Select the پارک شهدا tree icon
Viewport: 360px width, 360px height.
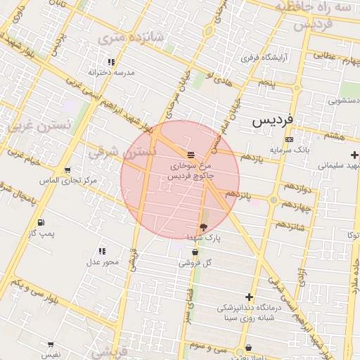point(204,227)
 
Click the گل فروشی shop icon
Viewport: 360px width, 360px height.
point(195,252)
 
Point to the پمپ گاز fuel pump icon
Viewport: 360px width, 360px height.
point(40,222)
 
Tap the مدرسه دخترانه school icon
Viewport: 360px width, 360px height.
point(112,62)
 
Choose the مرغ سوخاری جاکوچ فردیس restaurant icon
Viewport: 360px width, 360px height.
point(191,154)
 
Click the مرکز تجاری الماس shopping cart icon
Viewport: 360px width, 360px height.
point(67,170)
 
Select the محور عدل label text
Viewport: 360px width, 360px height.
point(103,262)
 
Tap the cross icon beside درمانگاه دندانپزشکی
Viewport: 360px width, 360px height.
point(249,297)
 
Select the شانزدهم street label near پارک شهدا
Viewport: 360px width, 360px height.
point(290,226)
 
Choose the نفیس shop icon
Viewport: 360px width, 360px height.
point(51,345)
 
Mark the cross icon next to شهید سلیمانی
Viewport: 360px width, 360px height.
point(354,155)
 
